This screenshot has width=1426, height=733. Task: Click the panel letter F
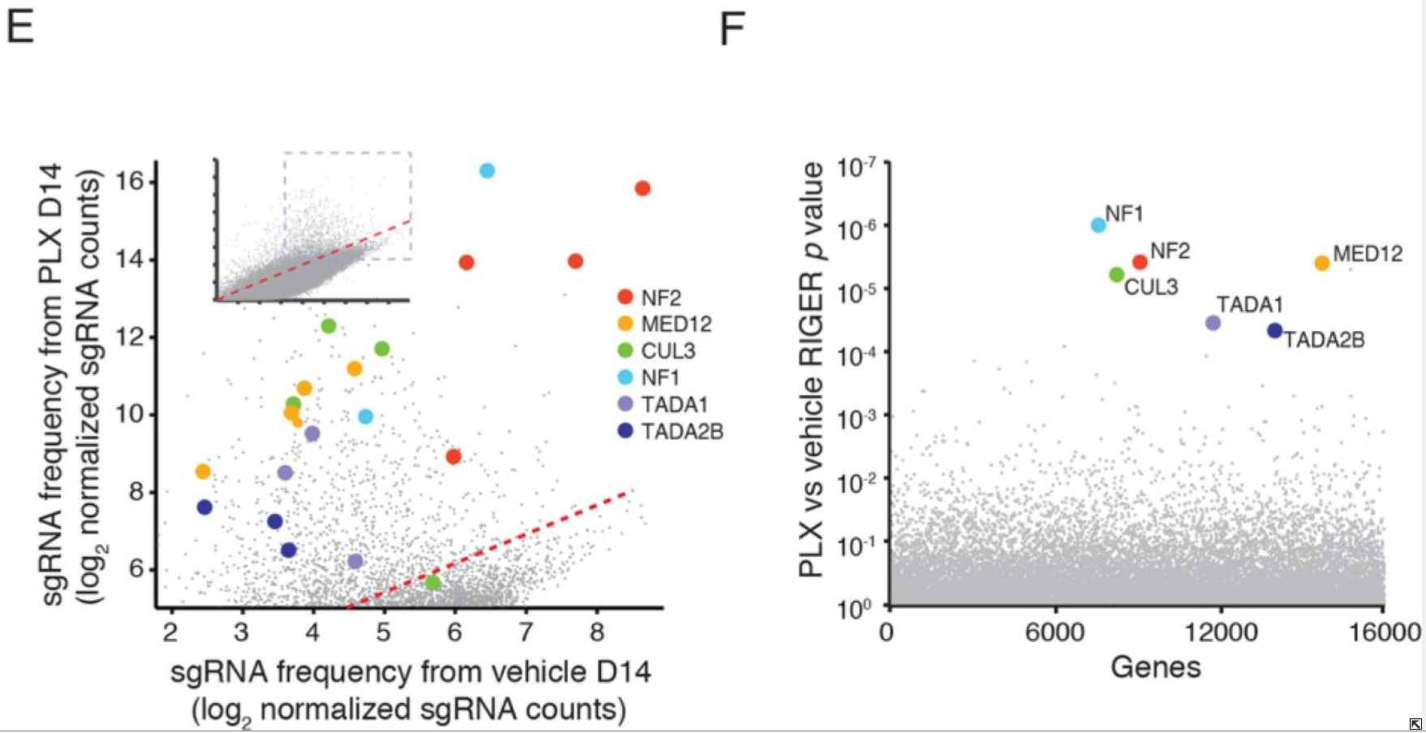732,30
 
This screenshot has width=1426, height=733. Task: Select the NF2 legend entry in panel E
660,298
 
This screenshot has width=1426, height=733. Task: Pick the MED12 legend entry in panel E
676,324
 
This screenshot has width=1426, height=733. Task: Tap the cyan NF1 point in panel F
1098,225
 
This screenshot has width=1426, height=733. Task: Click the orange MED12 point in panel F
1322,263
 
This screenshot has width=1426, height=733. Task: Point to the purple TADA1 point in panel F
1213,323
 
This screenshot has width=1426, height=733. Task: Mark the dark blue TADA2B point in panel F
1274,330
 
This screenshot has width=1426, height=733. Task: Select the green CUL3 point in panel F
1116,275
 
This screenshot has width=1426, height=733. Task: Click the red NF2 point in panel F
1140,262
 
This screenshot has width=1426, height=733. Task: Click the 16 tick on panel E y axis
130,180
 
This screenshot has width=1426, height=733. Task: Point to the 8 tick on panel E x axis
597,632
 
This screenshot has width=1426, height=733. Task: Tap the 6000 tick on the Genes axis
1054,632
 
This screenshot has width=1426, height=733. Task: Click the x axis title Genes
1155,667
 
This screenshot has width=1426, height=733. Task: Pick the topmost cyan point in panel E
487,170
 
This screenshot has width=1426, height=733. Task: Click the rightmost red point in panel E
642,188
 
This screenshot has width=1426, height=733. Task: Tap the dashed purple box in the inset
347,153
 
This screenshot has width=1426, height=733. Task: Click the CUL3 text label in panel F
1150,287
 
